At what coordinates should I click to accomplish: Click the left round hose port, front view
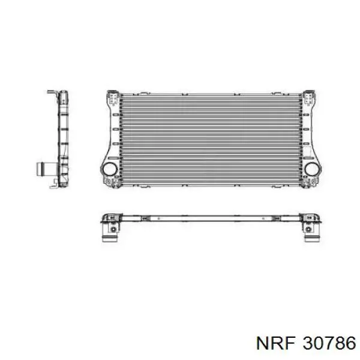coord(110,169)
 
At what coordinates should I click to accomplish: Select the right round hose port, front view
coord(312,169)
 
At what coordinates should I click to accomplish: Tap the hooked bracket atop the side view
coord(53,92)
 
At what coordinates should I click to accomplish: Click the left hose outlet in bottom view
coord(110,235)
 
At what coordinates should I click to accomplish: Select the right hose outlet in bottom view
coord(312,235)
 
